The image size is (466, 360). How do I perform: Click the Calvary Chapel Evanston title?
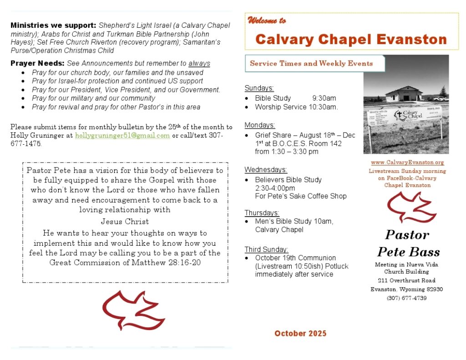pyautogui.click(x=351, y=39)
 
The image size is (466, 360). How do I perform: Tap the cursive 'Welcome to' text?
pyautogui.click(x=267, y=20)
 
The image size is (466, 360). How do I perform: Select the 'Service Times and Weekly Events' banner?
pyautogui.click(x=311, y=63)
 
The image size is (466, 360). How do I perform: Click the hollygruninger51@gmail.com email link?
pyautogui.click(x=122, y=136)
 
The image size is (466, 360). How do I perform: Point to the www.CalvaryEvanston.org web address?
pyautogui.click(x=407, y=162)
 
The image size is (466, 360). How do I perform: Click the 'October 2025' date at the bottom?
pyautogui.click(x=300, y=334)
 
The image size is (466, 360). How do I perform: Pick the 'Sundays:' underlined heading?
pyautogui.click(x=259, y=88)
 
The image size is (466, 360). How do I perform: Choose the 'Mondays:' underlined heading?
pyautogui.click(x=259, y=125)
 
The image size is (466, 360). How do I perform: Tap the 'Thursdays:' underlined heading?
pyautogui.click(x=262, y=213)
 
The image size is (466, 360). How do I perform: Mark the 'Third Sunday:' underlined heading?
pyautogui.click(x=266, y=249)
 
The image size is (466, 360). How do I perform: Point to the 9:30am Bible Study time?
pyautogui.click(x=324, y=98)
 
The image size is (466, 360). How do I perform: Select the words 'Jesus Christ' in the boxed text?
pyautogui.click(x=125, y=222)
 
